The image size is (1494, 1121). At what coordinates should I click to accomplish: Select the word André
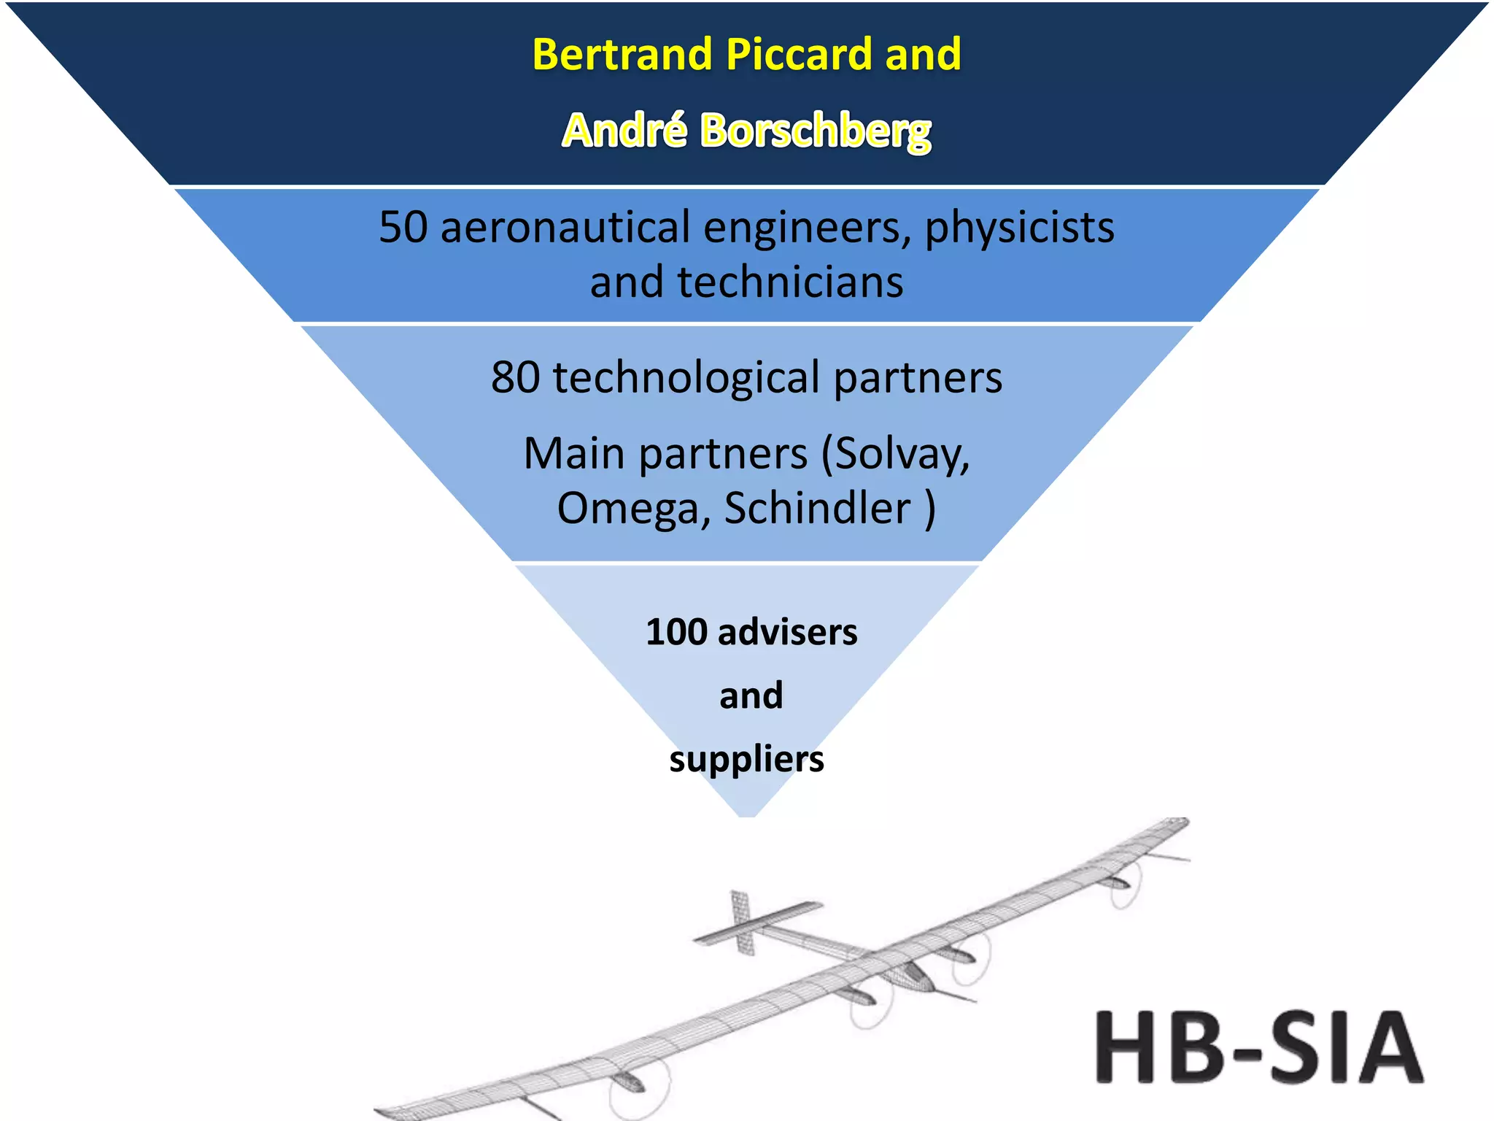click(x=624, y=131)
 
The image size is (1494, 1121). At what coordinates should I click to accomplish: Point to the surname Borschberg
click(x=816, y=132)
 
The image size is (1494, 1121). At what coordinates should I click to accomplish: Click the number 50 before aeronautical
click(x=403, y=227)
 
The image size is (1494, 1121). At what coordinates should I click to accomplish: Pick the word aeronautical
click(x=565, y=227)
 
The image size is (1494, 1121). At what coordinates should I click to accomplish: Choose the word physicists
click(x=1019, y=228)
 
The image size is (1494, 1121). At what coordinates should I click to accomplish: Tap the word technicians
click(x=790, y=282)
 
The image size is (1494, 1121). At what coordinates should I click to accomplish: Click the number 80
click(x=515, y=377)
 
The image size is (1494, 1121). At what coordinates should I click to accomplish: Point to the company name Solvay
click(x=902, y=455)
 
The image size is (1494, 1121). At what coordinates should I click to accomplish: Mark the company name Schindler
click(x=817, y=508)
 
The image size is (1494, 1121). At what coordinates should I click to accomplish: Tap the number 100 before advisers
click(x=676, y=632)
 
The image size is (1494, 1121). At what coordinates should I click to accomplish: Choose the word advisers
click(x=787, y=632)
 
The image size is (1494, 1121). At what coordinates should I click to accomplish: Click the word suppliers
click(x=746, y=759)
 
